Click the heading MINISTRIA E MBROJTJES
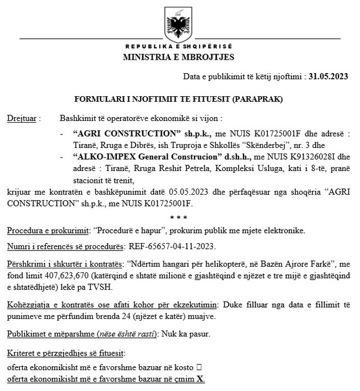(179, 57)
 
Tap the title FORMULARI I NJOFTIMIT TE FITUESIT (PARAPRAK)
(179, 99)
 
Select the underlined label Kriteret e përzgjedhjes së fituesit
(67, 353)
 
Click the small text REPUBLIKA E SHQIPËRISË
(179, 46)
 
